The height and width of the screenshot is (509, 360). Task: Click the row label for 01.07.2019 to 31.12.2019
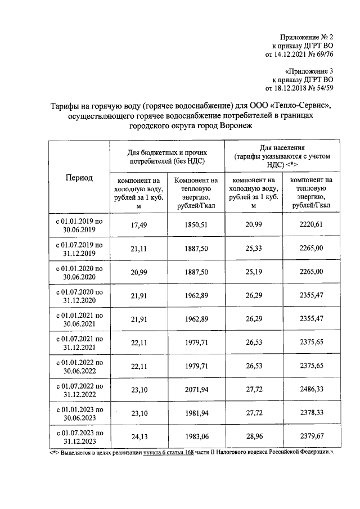(x=79, y=249)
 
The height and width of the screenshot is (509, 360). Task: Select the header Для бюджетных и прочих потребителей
(x=166, y=156)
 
